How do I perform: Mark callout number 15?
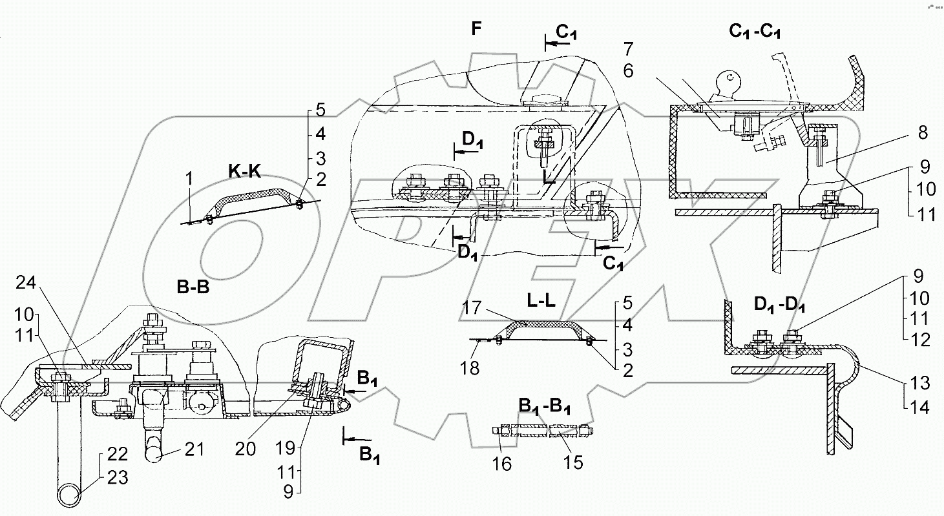click(x=573, y=462)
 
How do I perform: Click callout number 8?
click(x=922, y=133)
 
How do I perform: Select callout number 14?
click(x=920, y=408)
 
